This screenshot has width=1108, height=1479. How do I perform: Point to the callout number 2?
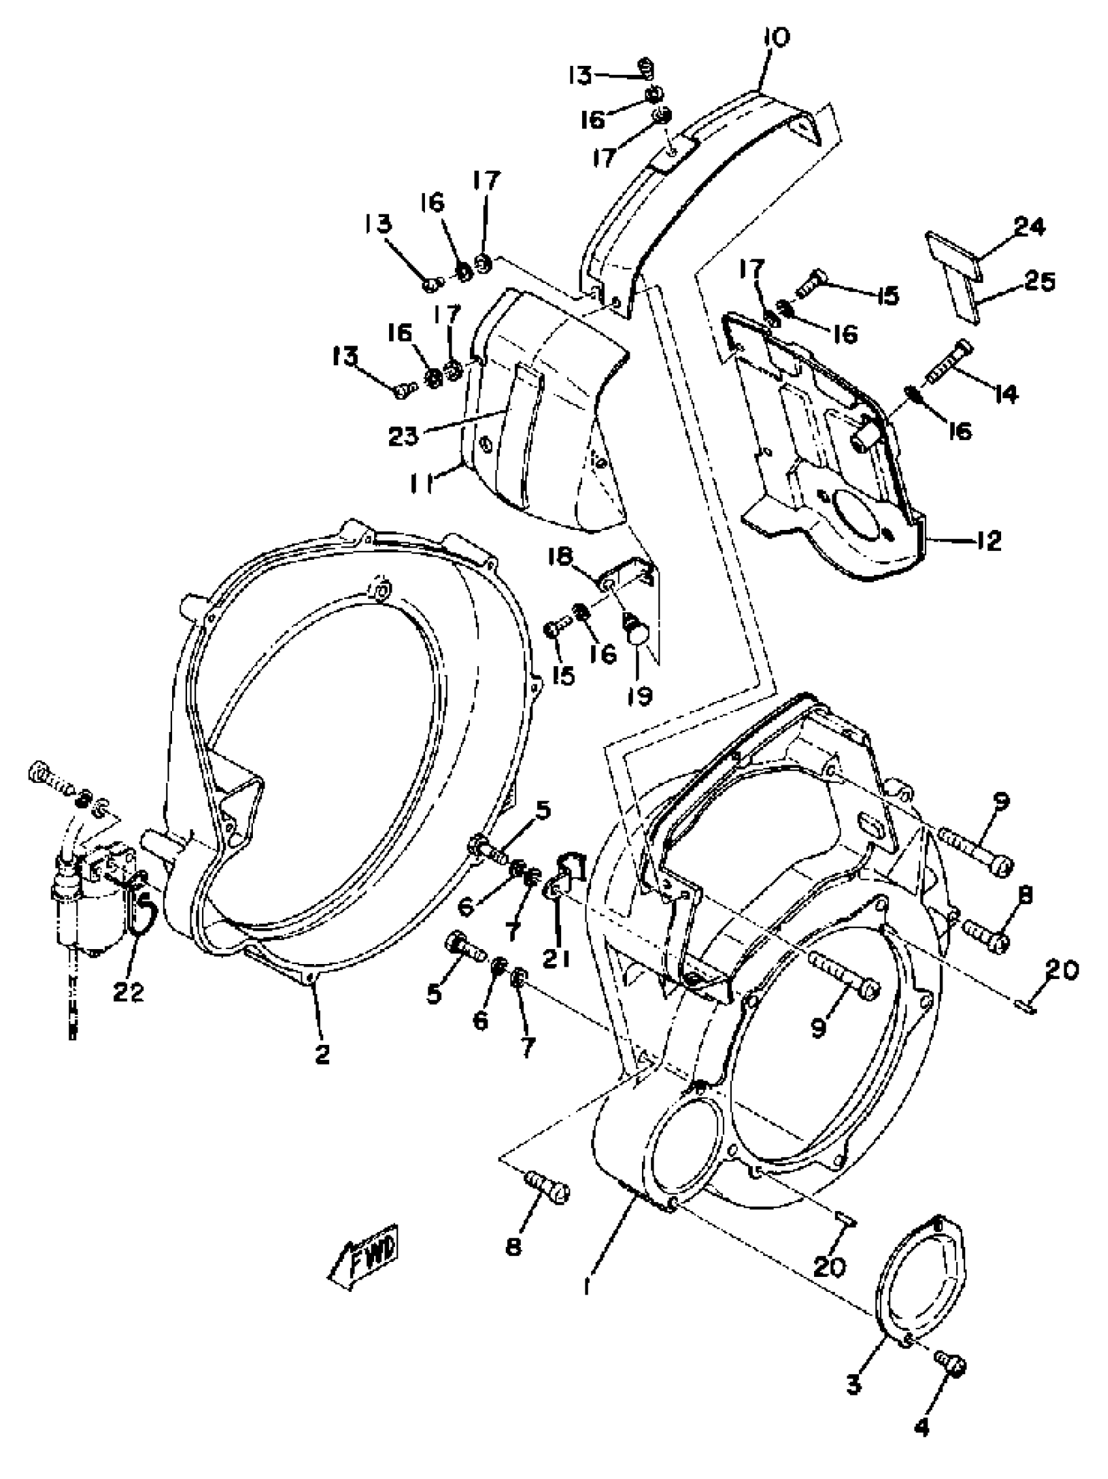click(323, 1054)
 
